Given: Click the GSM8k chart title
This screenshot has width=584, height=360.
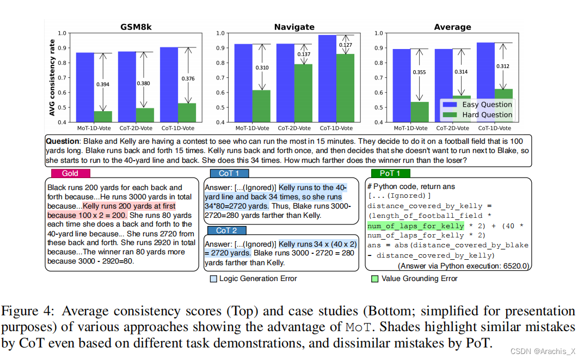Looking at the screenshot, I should pos(136,27).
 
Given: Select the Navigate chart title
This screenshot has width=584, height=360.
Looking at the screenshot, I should pos(294,27).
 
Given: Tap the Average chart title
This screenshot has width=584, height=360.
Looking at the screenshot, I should pos(452,27).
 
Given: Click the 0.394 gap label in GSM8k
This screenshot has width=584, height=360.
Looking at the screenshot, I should pos(103,84).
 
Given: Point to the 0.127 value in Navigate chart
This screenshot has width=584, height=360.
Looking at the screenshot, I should pos(345,45).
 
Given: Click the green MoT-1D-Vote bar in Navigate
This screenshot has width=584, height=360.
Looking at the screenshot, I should pos(261,106).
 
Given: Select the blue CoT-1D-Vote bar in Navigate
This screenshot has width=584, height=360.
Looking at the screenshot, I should pos(327,78).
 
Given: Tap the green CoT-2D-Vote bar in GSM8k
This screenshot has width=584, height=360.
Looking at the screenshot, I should pos(144,114).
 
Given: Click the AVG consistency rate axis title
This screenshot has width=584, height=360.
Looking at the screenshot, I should pos(53,77).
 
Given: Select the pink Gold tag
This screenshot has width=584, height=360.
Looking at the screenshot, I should pos(70,174).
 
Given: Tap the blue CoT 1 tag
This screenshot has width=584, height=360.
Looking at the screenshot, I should pos(229,174).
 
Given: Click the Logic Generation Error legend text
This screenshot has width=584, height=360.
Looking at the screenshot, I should pos(258,278).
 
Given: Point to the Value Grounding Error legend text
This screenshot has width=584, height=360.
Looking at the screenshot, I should pos(420,278).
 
